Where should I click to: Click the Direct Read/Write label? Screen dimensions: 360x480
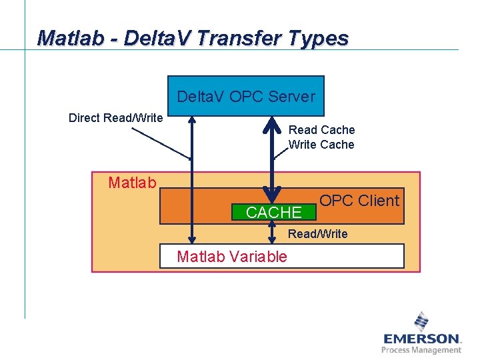pos(115,118)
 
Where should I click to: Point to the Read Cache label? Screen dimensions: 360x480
pos(321,130)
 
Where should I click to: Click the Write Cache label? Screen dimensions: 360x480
pos(321,145)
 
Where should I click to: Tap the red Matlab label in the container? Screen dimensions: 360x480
pos(132,183)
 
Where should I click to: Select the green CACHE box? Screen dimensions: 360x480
pos(273,213)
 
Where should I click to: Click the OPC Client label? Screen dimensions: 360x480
pos(359,200)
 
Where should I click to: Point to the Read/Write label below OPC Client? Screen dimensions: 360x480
pos(317,233)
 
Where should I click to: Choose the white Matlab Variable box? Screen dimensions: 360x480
pos(281,256)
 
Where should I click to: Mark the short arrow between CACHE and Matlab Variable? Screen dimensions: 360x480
pos(272,232)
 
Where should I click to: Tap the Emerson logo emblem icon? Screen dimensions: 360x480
pos(421,321)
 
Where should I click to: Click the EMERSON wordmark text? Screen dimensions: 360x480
pos(421,339)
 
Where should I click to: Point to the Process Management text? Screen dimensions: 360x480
pos(421,350)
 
